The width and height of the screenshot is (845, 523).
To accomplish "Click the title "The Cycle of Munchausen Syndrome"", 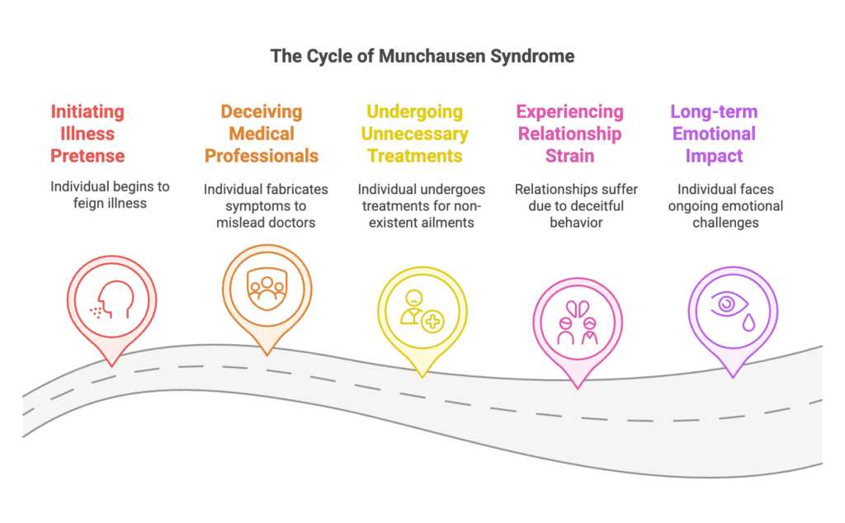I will [x=422, y=57].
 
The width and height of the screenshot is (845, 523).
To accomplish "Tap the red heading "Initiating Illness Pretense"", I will [x=87, y=134].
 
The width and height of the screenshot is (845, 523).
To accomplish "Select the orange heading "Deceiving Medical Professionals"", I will [x=262, y=134].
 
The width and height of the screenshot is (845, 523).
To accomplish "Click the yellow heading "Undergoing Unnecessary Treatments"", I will [x=418, y=134].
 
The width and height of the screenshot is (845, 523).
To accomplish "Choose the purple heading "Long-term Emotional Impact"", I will [x=714, y=134].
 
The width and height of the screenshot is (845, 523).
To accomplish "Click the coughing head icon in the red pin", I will [x=110, y=301].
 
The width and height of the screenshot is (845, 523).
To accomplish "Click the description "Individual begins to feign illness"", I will [x=110, y=194].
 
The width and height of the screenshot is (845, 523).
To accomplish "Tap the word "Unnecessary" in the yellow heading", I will [x=418, y=134].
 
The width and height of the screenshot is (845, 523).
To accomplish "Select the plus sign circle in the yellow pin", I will [x=432, y=323].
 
